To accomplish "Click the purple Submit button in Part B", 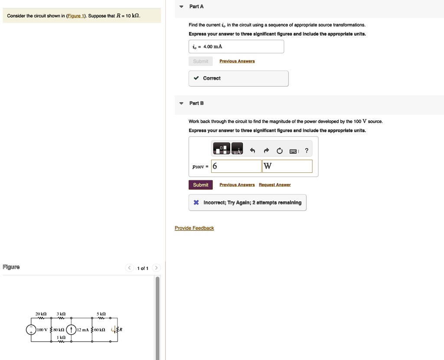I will pyautogui.click(x=200, y=185).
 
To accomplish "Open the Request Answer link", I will pyautogui.click(x=274, y=185).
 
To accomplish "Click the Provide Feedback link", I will pyautogui.click(x=194, y=228).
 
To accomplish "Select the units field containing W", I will pyautogui.click(x=287, y=166).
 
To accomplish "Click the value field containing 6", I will pyautogui.click(x=236, y=166).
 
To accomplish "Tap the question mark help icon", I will pyautogui.click(x=307, y=151).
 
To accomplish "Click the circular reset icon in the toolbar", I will pyautogui.click(x=280, y=151).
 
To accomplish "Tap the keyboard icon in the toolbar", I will pyautogui.click(x=293, y=151).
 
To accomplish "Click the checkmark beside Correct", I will pyautogui.click(x=196, y=78).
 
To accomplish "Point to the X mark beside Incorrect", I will pyautogui.click(x=196, y=202).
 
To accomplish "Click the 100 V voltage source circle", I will pyautogui.click(x=31, y=330).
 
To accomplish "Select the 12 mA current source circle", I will pyautogui.click(x=71, y=330).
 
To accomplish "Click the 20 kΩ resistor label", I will pyautogui.click(x=41, y=314).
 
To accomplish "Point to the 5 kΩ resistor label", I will pyautogui.click(x=101, y=314).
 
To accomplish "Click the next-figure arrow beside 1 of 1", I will pyautogui.click(x=157, y=268).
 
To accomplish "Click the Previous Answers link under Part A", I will pyautogui.click(x=237, y=62).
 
